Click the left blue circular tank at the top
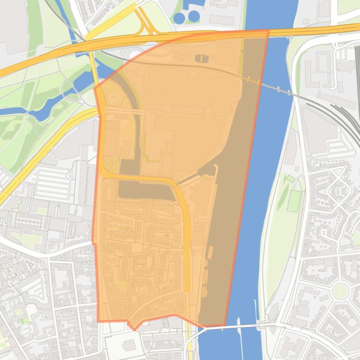(x=179, y=18)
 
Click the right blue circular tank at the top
(x=193, y=16)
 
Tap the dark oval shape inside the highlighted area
(x=201, y=58)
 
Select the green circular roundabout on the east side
(x=340, y=291)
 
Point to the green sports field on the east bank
(x=294, y=201)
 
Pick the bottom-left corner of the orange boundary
(x=99, y=321)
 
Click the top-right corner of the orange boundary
(x=268, y=31)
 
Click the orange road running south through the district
(x=187, y=243)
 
